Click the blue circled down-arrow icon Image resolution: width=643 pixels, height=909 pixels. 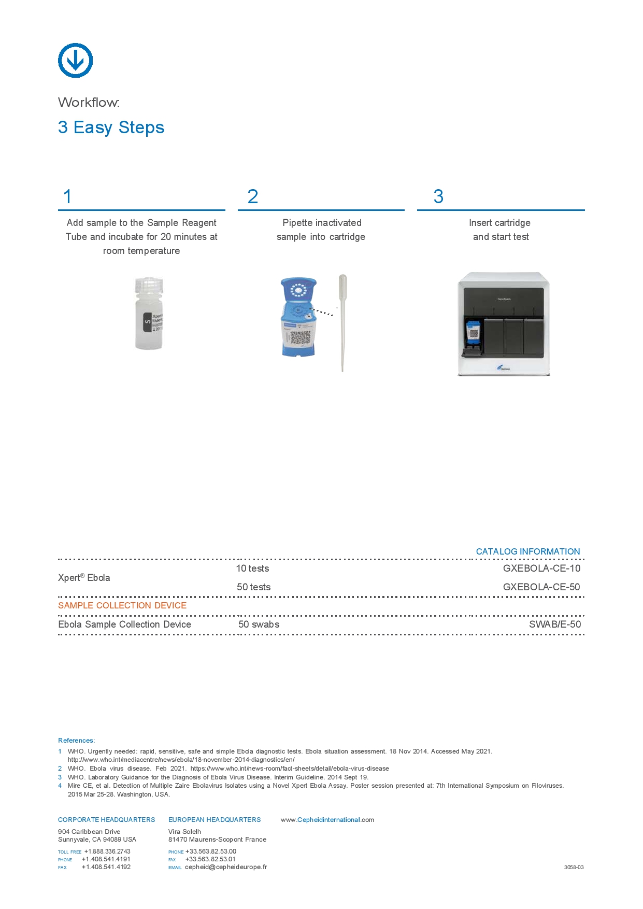point(75,61)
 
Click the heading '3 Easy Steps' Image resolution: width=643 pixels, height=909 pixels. point(111,127)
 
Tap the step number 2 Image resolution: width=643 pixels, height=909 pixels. point(253,197)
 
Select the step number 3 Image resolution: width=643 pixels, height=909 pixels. point(438,197)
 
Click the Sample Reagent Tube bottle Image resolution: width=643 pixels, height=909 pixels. point(149,314)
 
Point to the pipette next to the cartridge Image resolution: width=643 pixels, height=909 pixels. point(342,321)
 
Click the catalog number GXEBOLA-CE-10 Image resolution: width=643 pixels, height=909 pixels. point(541,569)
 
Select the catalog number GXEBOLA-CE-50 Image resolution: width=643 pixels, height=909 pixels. point(541,587)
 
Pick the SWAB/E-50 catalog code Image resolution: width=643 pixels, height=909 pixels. point(554,624)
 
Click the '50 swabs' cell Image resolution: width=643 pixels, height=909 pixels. point(259,624)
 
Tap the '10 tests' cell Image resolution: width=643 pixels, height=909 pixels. point(252,569)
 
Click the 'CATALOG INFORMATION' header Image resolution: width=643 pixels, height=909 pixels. point(527,551)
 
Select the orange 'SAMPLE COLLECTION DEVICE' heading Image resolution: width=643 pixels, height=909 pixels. point(122,605)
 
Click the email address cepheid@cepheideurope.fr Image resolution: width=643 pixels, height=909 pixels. point(226,867)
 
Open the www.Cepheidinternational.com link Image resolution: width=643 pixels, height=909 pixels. point(327,820)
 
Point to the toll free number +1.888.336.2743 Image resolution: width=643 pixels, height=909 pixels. point(107,851)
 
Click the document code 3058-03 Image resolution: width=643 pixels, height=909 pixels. point(574,867)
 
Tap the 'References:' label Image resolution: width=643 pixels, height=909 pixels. point(76,741)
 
